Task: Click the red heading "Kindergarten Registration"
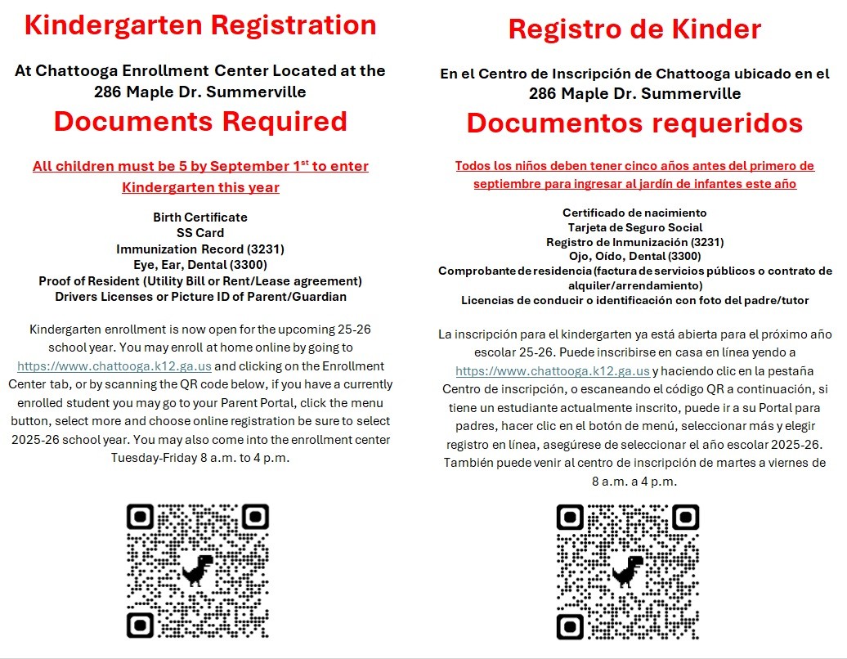coord(200,25)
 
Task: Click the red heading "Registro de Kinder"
coord(634,29)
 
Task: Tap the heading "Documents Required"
coord(200,122)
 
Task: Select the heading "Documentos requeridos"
coord(634,123)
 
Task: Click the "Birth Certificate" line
coord(200,217)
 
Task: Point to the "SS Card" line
coord(200,233)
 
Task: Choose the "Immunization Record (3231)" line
coord(200,249)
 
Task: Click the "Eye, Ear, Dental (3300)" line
coord(200,265)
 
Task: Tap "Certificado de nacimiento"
coord(634,213)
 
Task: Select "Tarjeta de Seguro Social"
coord(634,227)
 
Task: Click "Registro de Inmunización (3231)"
coord(634,242)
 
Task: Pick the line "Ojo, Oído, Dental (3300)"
coord(634,257)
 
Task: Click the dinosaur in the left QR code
coord(197,570)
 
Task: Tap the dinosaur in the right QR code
coord(627,571)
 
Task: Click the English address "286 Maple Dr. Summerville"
coord(200,92)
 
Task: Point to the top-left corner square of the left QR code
coord(141,518)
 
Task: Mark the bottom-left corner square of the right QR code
coord(571,625)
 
